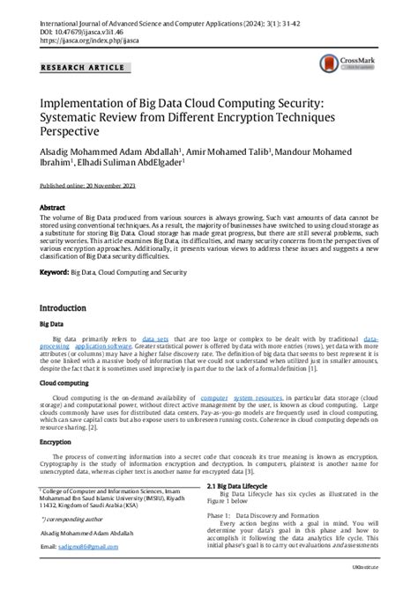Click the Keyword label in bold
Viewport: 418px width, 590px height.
click(x=55, y=273)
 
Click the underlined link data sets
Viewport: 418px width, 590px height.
click(x=156, y=338)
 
